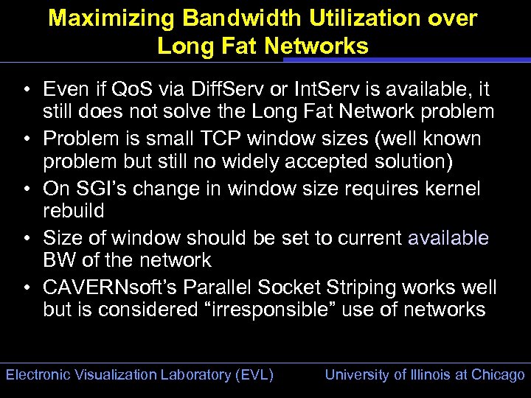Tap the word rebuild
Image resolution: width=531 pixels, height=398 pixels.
(x=74, y=211)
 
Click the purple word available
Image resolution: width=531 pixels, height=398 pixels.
(x=448, y=238)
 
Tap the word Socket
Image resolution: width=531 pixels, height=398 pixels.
(x=282, y=287)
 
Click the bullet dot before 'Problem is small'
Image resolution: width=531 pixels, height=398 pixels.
(x=26, y=139)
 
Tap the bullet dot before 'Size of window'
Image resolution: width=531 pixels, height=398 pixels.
(x=26, y=238)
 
